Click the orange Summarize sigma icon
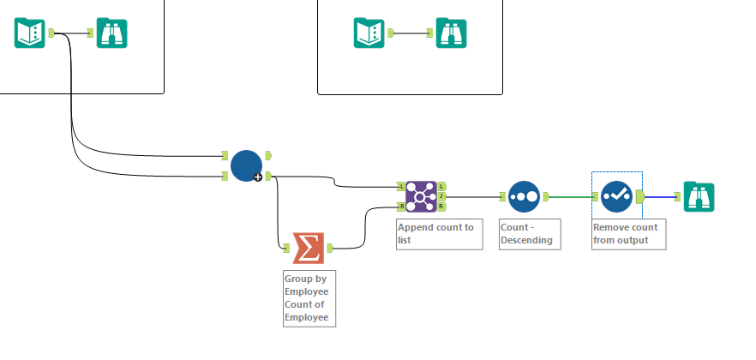click(309, 248)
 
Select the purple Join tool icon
click(420, 196)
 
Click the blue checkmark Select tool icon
click(616, 196)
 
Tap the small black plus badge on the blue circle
click(257, 177)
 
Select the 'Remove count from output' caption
click(626, 233)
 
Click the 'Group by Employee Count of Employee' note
click(308, 297)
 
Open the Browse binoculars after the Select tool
click(699, 196)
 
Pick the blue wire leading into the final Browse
click(659, 196)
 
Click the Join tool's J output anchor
click(441, 196)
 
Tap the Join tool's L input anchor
click(400, 186)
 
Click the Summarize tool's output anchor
click(329, 248)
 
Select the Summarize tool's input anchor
click(287, 248)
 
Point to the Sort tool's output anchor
click(544, 196)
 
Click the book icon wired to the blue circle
click(29, 33)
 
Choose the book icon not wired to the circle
click(369, 33)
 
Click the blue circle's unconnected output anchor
click(268, 155)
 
